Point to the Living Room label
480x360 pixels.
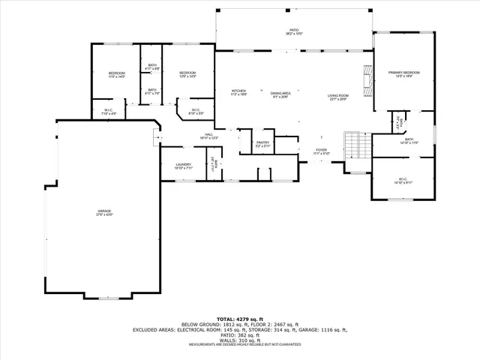pos(337,97)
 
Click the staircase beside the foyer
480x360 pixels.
pos(353,144)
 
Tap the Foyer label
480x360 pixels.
pos(321,151)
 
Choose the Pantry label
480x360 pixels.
pos(262,143)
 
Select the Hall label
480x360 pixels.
pos(208,136)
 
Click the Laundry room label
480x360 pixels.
pos(183,166)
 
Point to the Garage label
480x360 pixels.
pos(103,214)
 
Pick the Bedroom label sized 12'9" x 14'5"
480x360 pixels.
pos(187,74)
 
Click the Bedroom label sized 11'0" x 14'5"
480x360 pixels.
pos(116,74)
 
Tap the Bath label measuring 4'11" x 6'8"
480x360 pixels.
pos(152,67)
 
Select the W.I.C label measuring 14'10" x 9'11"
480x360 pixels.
pos(403,180)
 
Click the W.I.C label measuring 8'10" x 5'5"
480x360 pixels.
pos(194,112)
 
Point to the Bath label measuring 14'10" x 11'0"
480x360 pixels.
pos(409,140)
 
